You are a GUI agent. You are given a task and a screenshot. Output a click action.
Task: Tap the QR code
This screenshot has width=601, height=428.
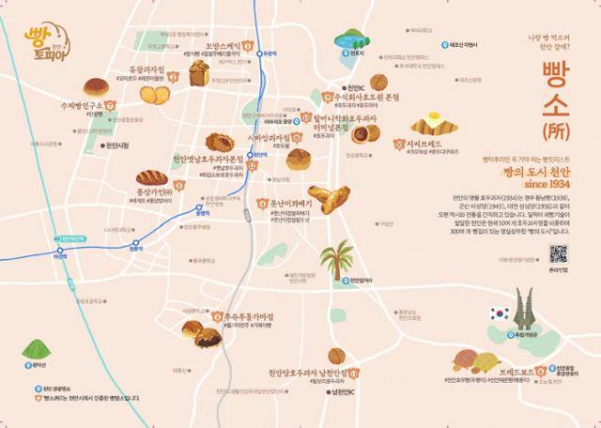(558, 253)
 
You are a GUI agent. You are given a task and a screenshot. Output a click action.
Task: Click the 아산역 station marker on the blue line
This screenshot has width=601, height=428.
(62, 253)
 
